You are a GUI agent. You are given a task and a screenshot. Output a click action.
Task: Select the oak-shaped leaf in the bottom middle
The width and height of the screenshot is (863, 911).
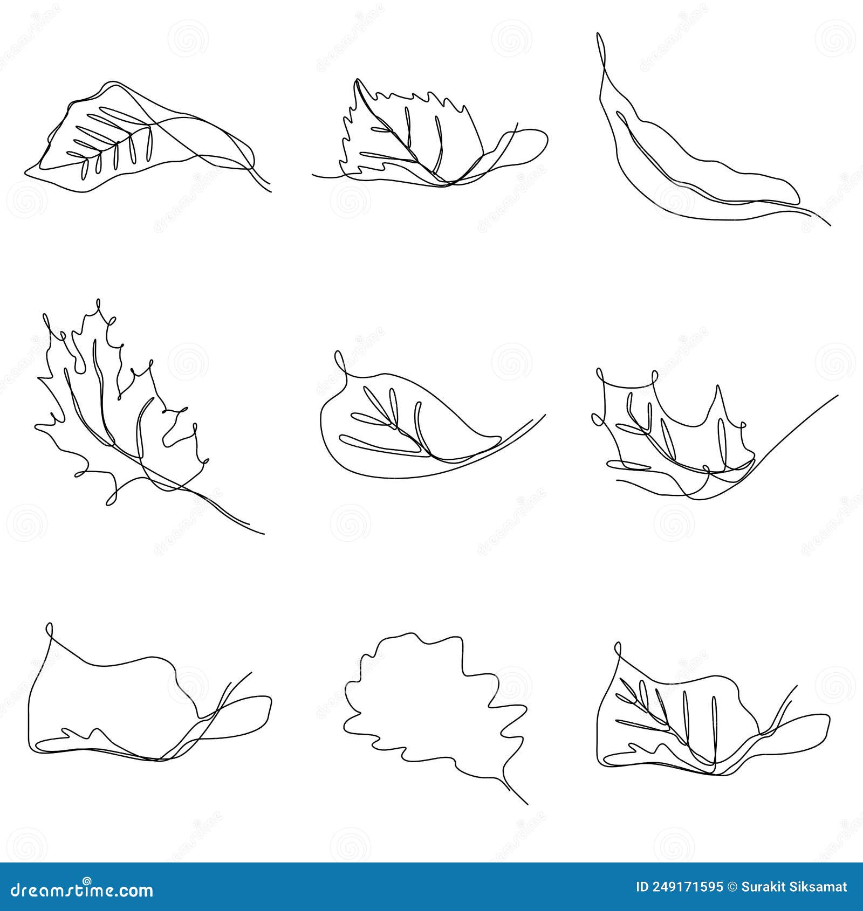click(432, 712)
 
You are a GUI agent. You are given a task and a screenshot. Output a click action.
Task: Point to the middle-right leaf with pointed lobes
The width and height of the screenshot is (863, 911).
click(680, 431)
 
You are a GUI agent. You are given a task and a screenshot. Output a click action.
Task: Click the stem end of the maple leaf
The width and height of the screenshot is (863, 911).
click(263, 533)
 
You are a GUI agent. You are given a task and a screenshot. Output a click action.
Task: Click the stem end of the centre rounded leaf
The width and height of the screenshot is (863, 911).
click(544, 416)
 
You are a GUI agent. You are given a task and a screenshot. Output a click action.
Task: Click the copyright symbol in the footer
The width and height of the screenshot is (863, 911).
click(732, 887)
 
